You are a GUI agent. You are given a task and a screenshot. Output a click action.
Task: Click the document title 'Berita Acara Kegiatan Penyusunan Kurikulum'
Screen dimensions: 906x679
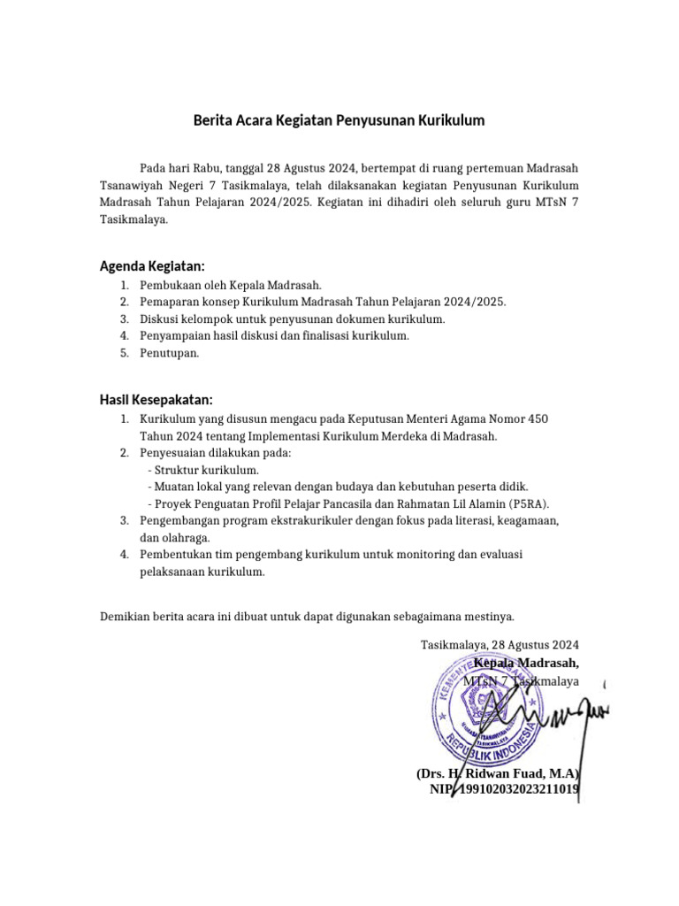[x=339, y=120]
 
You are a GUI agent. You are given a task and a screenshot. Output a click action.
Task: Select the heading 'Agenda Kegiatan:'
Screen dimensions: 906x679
[x=152, y=265]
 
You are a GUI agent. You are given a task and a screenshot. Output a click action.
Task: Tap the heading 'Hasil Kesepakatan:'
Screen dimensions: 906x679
[x=156, y=399]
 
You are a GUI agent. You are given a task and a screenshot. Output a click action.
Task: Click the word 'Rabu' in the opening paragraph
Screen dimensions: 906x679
[x=207, y=166]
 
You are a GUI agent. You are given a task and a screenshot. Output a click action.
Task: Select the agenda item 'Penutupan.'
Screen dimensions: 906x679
[x=170, y=352]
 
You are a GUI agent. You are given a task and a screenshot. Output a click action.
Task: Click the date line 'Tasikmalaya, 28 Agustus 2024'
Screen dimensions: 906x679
[x=500, y=644]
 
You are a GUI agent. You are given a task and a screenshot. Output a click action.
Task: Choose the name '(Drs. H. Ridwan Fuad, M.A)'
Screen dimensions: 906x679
[x=498, y=772]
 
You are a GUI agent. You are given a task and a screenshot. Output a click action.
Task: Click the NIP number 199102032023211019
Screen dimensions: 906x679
[x=515, y=788]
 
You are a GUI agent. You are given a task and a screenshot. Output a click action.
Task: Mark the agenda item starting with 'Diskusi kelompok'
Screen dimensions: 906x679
[x=292, y=319]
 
